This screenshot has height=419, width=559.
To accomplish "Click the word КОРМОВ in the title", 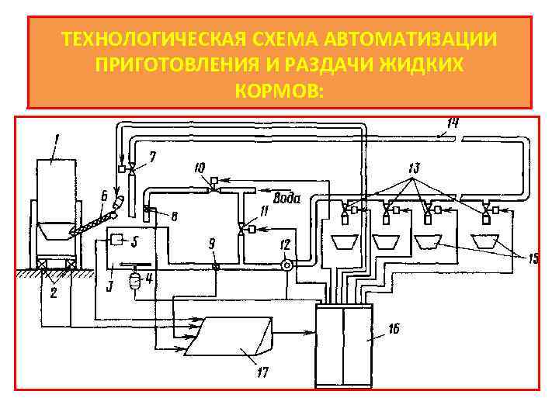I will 279,92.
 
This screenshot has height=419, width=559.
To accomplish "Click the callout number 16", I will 394,329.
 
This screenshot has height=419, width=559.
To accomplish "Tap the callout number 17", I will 262,373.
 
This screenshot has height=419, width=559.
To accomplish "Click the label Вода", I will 287,196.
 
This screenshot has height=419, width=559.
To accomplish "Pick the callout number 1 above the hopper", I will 57,140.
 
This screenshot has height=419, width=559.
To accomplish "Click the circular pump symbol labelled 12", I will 286,265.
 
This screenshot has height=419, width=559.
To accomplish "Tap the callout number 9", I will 213,245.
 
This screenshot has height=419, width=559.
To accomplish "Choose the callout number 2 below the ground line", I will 54,293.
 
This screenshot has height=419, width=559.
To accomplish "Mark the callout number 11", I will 265,211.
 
